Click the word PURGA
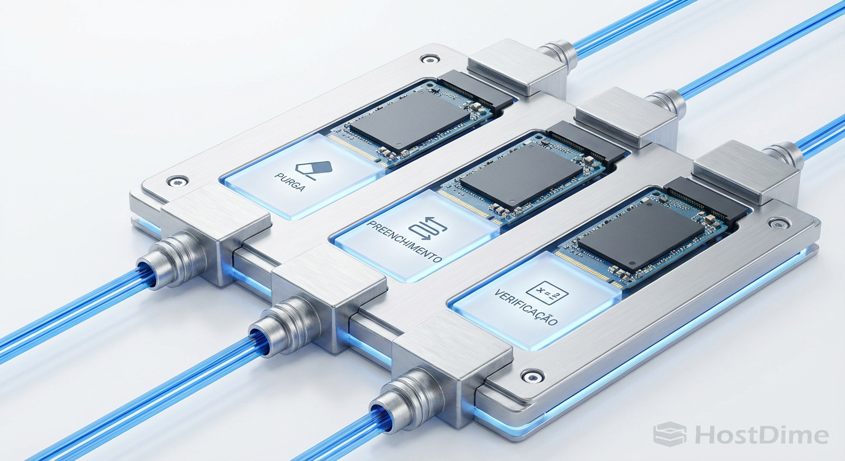[x=290, y=182]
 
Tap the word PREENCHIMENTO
[x=404, y=242]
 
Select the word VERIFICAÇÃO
[x=526, y=307]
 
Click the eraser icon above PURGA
[x=314, y=169]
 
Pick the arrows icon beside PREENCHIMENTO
[x=428, y=228]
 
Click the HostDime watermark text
[x=762, y=436]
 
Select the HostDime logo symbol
[x=670, y=434]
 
